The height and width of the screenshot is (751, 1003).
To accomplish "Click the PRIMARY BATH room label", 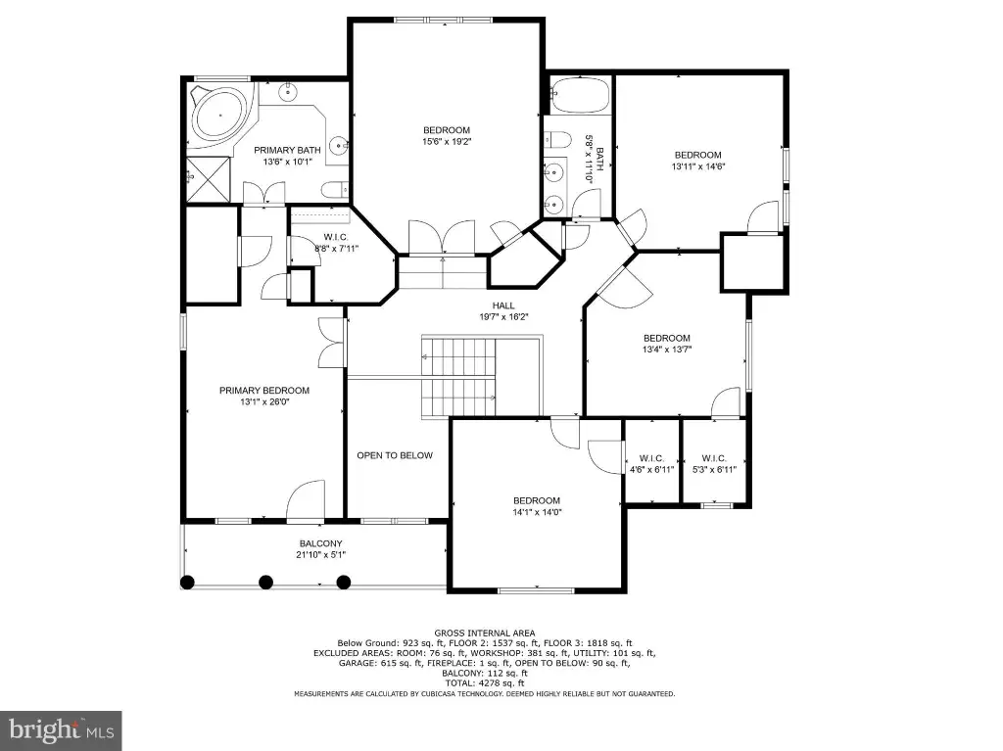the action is click(287, 151).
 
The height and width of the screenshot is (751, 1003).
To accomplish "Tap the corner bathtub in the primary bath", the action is click(219, 116).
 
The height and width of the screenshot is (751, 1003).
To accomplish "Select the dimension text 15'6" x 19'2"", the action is click(447, 141).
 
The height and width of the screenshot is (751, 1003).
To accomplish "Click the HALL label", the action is click(503, 305).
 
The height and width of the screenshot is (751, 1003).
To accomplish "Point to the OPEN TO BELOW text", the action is click(395, 455).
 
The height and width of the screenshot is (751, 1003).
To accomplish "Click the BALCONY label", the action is click(321, 543).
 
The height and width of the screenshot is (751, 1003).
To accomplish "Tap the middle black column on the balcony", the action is click(265, 583).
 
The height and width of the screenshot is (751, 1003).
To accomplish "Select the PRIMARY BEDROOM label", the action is click(264, 391).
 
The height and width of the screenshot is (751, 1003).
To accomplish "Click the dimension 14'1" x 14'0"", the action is click(537, 512).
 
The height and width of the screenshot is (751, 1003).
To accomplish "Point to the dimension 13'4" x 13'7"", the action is click(667, 350).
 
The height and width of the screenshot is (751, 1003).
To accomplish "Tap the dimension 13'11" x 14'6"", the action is click(697, 166).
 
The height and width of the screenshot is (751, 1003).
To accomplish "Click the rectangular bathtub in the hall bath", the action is click(580, 95).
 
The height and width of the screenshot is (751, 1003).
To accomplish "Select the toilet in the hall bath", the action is click(556, 139).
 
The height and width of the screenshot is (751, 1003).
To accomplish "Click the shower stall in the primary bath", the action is click(208, 179).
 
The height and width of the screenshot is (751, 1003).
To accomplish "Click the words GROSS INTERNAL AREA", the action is click(485, 634).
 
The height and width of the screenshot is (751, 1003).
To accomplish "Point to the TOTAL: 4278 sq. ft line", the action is click(484, 683).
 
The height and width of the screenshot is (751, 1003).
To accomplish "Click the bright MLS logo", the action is click(61, 730).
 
